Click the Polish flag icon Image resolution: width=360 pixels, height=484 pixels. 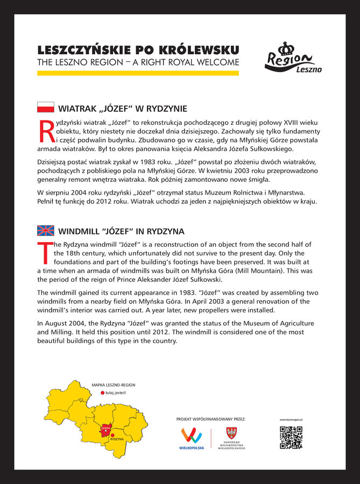click(x=45, y=107)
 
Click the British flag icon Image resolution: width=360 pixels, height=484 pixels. click(x=45, y=231)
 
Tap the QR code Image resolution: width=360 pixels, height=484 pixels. click(x=291, y=437)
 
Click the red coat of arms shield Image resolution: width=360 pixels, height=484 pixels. click(x=231, y=433)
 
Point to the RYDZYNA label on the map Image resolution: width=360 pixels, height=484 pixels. click(x=117, y=439)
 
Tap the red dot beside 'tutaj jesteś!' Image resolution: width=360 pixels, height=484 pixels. click(x=102, y=393)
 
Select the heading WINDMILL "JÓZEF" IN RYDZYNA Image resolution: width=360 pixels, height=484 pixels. click(x=121, y=231)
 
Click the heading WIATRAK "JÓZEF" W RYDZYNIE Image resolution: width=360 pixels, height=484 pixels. click(x=123, y=108)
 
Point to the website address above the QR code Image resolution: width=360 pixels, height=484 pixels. click(x=291, y=419)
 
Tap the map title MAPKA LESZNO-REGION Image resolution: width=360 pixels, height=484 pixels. click(x=113, y=385)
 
